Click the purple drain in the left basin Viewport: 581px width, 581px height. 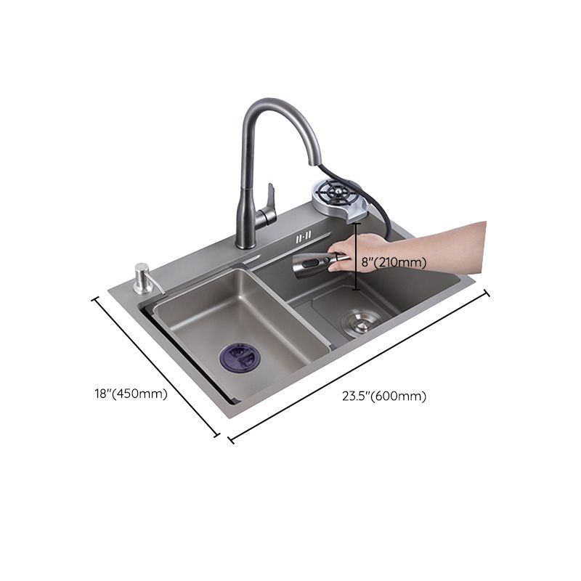[240, 357]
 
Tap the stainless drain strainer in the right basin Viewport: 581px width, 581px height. [359, 320]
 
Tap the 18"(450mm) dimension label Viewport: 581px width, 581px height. [131, 394]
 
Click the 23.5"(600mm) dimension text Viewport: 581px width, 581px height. [384, 396]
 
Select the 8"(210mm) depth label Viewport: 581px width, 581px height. [393, 262]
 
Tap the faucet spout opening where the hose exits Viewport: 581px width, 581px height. [315, 161]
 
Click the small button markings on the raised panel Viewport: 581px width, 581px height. [303, 237]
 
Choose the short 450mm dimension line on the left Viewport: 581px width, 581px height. [155, 367]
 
